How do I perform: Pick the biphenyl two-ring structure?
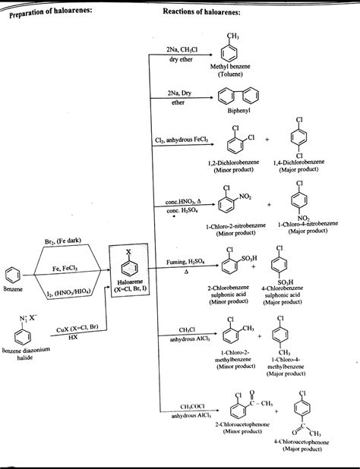(x=235, y=97)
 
